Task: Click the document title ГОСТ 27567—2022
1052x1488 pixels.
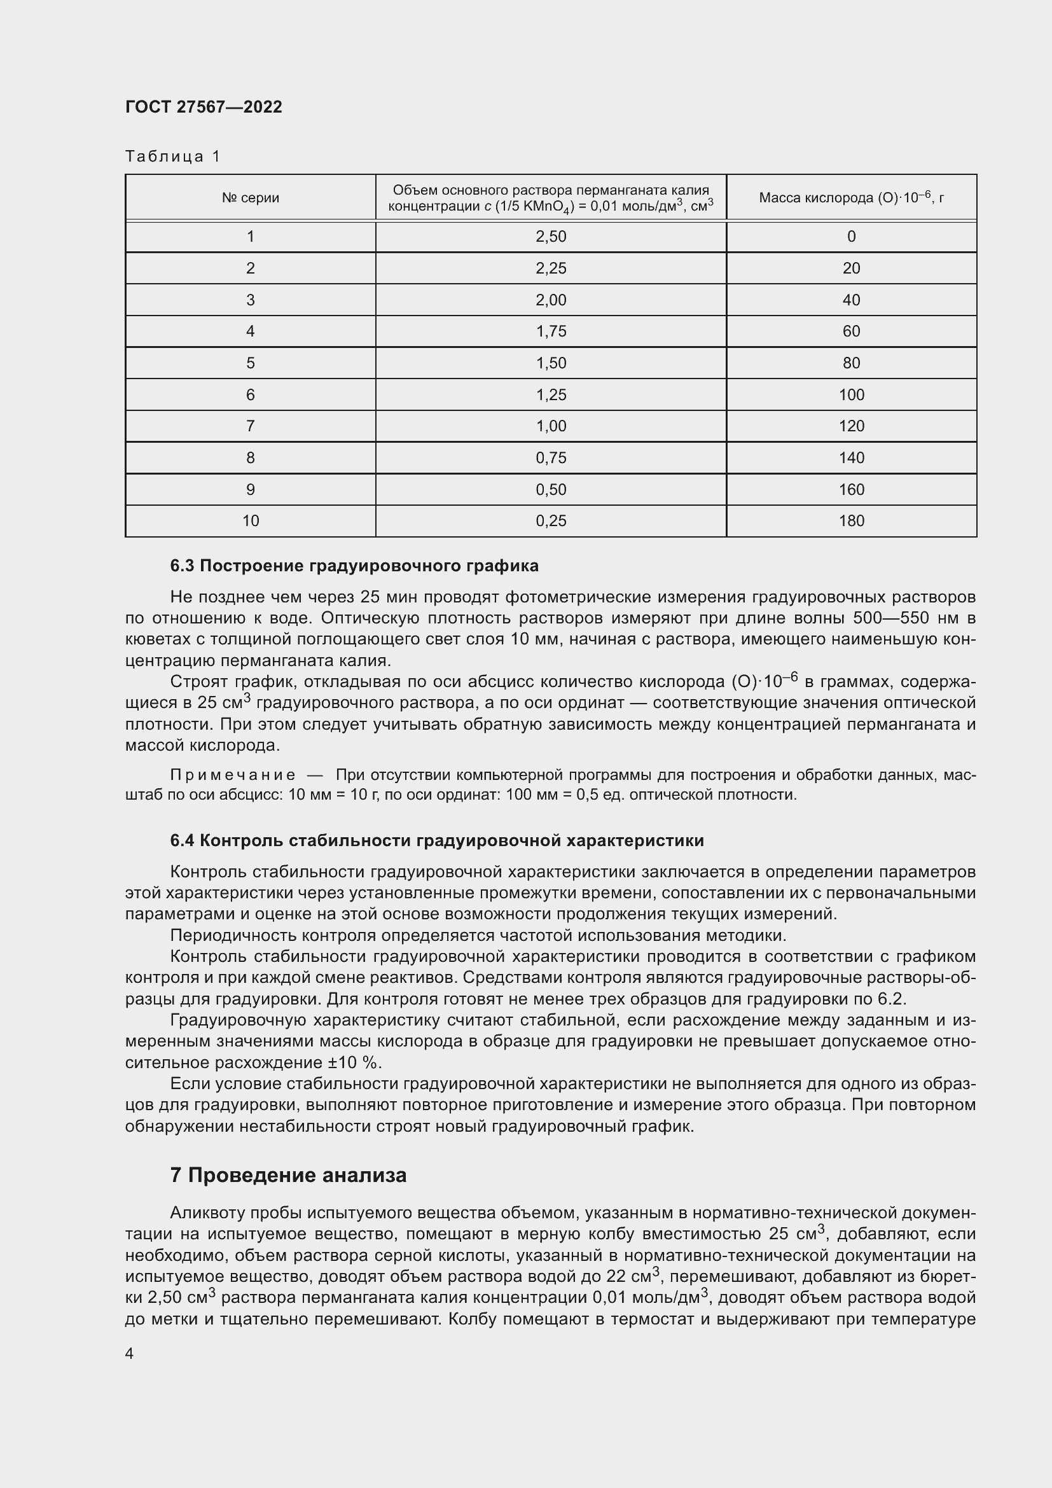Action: (204, 107)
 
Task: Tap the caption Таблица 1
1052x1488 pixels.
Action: (172, 156)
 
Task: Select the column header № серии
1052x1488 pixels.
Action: (250, 198)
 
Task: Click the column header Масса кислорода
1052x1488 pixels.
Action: (850, 198)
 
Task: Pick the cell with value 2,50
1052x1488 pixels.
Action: (551, 237)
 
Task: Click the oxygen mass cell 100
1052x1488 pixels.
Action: (850, 394)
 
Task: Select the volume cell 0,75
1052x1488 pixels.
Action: (551, 458)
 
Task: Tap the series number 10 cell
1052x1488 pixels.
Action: (250, 521)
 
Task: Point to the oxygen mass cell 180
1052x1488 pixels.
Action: (850, 521)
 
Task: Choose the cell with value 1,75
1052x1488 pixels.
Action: (551, 332)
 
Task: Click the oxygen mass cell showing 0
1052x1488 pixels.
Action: (850, 237)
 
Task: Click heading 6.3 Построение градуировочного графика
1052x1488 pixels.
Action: (354, 566)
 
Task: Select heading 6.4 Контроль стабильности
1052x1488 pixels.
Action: (436, 840)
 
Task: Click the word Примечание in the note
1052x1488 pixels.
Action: (233, 775)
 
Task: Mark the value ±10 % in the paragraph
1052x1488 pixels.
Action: (352, 1063)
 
